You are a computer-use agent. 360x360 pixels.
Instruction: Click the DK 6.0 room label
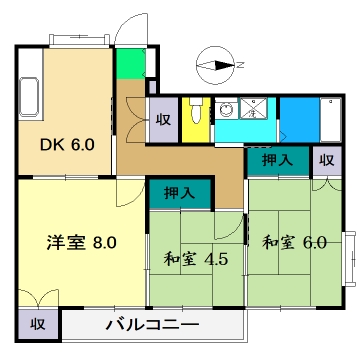click(x=68, y=144)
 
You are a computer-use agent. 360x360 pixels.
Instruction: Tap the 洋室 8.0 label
click(x=83, y=241)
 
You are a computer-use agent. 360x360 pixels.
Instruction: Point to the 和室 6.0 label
click(x=294, y=242)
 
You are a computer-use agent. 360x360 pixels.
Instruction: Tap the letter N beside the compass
click(x=239, y=66)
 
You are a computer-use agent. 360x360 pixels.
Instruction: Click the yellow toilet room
click(x=196, y=121)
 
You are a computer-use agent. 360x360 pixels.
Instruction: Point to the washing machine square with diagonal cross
click(x=259, y=110)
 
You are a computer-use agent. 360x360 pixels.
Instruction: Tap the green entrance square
click(x=129, y=65)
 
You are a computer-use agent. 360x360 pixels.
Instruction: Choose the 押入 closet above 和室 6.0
click(x=277, y=160)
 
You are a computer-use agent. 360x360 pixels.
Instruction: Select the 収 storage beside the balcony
click(x=37, y=325)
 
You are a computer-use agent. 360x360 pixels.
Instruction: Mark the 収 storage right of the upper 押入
click(x=325, y=160)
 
